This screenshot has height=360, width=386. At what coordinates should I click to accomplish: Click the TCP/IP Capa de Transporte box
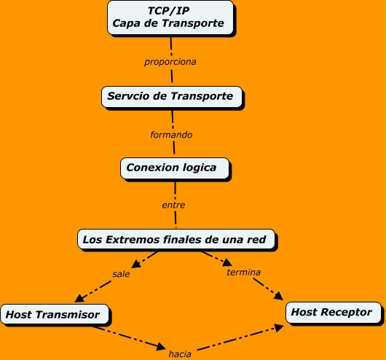point(170,17)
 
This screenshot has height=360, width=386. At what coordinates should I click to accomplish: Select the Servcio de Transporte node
point(170,96)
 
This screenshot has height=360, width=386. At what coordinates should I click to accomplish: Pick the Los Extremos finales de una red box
point(178,238)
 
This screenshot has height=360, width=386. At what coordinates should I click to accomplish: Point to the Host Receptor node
point(331,313)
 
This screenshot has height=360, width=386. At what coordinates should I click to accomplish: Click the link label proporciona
point(170,61)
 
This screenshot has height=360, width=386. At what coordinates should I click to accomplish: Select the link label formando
point(171,135)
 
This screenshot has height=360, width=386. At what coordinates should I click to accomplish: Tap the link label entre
point(173,205)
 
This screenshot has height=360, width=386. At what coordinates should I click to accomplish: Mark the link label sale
point(121,274)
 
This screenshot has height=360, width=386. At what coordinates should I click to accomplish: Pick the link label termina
point(243,272)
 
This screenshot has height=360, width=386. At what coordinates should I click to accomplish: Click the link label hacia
point(180,353)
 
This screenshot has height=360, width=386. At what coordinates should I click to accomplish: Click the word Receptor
point(346,313)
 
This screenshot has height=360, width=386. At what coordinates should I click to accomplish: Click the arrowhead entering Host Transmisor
point(78,300)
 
